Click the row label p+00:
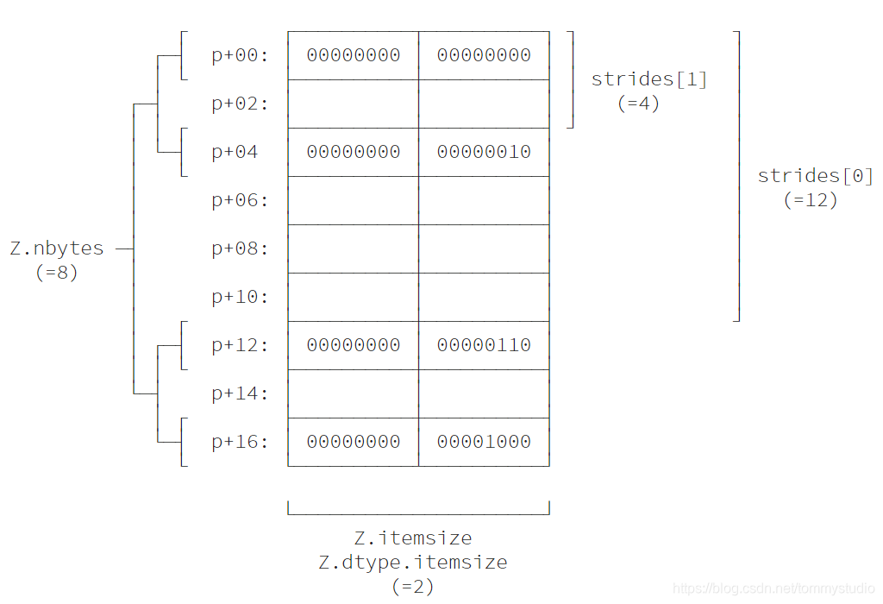(240, 56)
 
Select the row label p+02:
(240, 104)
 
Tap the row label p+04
(235, 153)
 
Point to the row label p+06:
(240, 201)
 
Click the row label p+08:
(240, 249)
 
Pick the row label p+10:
(240, 298)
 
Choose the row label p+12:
(240, 346)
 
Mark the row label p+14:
(240, 394)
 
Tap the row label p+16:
(240, 443)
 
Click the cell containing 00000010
(484, 153)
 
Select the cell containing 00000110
(484, 346)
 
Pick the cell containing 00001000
(484, 443)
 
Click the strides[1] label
(649, 80)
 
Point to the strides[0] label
(816, 177)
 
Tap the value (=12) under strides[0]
(811, 200)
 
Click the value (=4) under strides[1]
(639, 104)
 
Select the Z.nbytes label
(57, 249)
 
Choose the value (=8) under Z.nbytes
(57, 273)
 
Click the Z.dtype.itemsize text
(413, 563)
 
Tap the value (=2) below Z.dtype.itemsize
(413, 587)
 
